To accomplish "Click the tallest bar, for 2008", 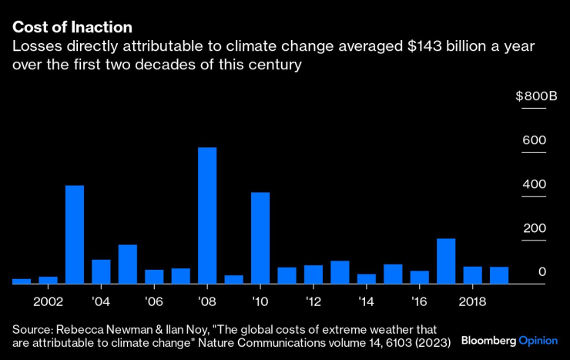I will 207,216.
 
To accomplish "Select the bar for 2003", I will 75,234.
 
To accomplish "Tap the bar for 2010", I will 260,238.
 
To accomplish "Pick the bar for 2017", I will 446,261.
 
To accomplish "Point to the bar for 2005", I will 128,264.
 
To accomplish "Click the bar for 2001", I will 22,281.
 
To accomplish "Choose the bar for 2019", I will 499,275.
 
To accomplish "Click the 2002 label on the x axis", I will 48,301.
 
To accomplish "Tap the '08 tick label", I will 207,301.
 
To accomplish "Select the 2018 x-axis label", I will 472,301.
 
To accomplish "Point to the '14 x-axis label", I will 367,301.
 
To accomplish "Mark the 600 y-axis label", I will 535,140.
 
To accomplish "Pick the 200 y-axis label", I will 535,228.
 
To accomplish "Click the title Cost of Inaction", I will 72,28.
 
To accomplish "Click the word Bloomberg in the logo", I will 488,340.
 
